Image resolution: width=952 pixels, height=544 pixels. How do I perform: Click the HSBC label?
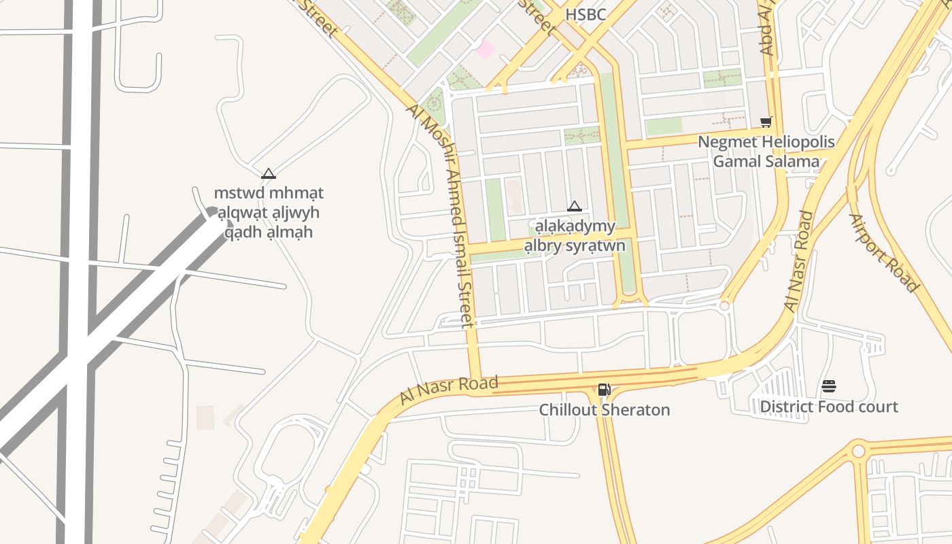pyautogui.click(x=585, y=14)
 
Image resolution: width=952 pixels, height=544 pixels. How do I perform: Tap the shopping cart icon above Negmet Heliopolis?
pyautogui.click(x=766, y=122)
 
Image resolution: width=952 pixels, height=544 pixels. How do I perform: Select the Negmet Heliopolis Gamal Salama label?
pyautogui.click(x=766, y=152)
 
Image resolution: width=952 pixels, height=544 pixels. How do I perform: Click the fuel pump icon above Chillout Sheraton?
pyautogui.click(x=604, y=390)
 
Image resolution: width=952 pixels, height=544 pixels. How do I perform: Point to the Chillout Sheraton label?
pyautogui.click(x=605, y=410)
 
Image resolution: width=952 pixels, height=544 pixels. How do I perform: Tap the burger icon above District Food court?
pyautogui.click(x=828, y=387)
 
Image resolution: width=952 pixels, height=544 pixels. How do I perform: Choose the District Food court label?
pyautogui.click(x=828, y=407)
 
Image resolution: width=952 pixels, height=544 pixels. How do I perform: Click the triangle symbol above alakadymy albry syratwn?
pyautogui.click(x=575, y=206)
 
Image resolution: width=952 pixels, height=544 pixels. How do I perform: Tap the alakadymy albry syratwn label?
pyautogui.click(x=575, y=235)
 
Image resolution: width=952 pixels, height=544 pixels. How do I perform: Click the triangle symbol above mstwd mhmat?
pyautogui.click(x=269, y=173)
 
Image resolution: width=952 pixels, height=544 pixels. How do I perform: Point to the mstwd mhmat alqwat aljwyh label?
pyautogui.click(x=269, y=212)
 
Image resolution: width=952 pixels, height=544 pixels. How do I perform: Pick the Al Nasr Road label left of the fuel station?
pyautogui.click(x=449, y=390)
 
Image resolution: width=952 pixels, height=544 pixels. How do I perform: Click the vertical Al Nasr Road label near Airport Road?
pyautogui.click(x=800, y=262)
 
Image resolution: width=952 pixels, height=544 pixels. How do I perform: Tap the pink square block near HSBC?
pyautogui.click(x=485, y=49)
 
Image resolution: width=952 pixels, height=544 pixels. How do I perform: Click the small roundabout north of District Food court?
pyautogui.click(x=724, y=306)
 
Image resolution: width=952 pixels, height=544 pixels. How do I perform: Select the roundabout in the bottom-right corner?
pyautogui.click(x=858, y=451)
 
